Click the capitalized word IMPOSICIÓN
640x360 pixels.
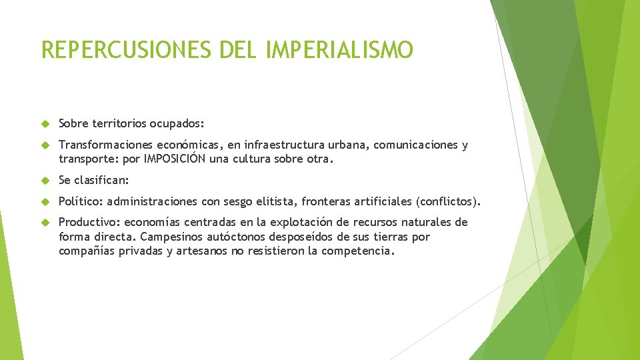point(175,159)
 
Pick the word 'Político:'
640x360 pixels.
point(81,201)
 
